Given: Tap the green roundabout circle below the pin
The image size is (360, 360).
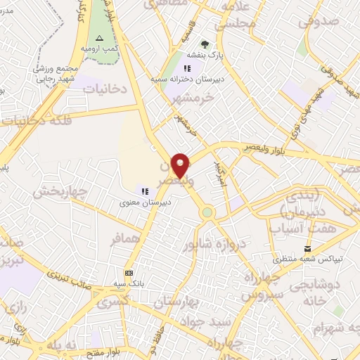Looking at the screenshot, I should tap(207, 212).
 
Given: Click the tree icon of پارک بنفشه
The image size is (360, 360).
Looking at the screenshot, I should tap(205, 44).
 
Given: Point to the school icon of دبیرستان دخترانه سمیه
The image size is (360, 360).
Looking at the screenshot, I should tap(187, 68).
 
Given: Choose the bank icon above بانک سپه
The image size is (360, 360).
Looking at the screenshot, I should tap(128, 272).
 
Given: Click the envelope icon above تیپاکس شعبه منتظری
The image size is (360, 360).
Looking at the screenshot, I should tap(307, 248).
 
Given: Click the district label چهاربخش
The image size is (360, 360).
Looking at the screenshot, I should tap(59, 191).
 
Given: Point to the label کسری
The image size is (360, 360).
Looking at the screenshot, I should tap(110, 303).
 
